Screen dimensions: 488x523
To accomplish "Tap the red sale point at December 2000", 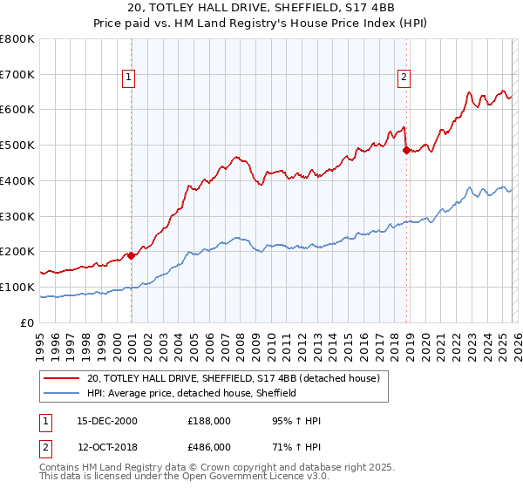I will click(131, 255).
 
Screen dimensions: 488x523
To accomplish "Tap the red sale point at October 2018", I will click(406, 150).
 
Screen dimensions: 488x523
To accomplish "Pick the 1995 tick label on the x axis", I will click(40, 341).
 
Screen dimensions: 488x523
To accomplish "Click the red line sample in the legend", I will click(62, 379).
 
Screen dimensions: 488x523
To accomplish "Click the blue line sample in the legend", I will click(62, 394).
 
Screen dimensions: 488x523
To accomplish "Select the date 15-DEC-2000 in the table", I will click(103, 421).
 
